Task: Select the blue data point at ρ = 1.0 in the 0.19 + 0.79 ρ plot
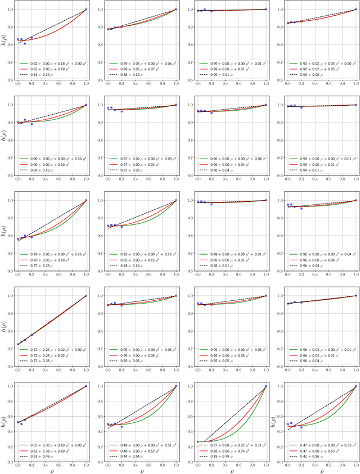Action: coord(266,386)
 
